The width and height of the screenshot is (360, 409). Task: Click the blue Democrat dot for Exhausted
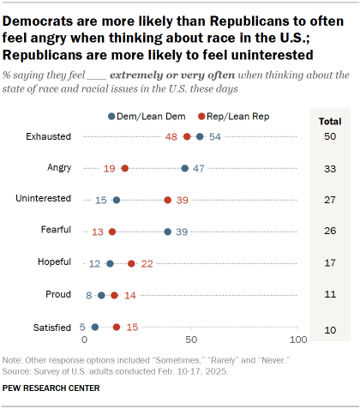pyautogui.click(x=200, y=136)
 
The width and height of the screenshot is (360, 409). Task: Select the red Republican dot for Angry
pyautogui.click(x=125, y=168)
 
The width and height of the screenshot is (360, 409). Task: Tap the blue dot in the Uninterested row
pyautogui.click(x=117, y=200)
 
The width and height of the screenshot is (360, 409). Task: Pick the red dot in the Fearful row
pyautogui.click(x=112, y=232)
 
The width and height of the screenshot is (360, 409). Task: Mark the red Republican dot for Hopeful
pyautogui.click(x=131, y=263)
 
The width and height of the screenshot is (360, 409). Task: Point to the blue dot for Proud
pyautogui.click(x=101, y=295)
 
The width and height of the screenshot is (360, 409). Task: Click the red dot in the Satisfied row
pyautogui.click(x=117, y=327)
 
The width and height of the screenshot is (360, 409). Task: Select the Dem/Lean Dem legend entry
pyautogui.click(x=147, y=117)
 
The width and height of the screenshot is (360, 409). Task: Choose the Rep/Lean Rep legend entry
pyautogui.click(x=234, y=117)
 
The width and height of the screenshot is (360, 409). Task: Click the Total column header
pyautogui.click(x=330, y=122)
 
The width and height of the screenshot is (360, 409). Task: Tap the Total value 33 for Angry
pyautogui.click(x=330, y=169)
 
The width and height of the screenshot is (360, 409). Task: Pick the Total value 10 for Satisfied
pyautogui.click(x=330, y=330)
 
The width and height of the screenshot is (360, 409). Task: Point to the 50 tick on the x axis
pyautogui.click(x=191, y=340)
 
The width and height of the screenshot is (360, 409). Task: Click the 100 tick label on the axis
pyautogui.click(x=298, y=340)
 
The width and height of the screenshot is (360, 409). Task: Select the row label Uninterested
pyautogui.click(x=43, y=198)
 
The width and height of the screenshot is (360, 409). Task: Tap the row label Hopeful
pyautogui.click(x=54, y=262)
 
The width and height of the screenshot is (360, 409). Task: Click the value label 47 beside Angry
pyautogui.click(x=199, y=168)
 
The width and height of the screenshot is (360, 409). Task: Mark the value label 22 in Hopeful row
pyautogui.click(x=147, y=263)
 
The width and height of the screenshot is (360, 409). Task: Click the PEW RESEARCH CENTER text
pyautogui.click(x=51, y=388)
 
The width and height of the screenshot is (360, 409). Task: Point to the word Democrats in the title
pyautogui.click(x=50, y=21)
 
